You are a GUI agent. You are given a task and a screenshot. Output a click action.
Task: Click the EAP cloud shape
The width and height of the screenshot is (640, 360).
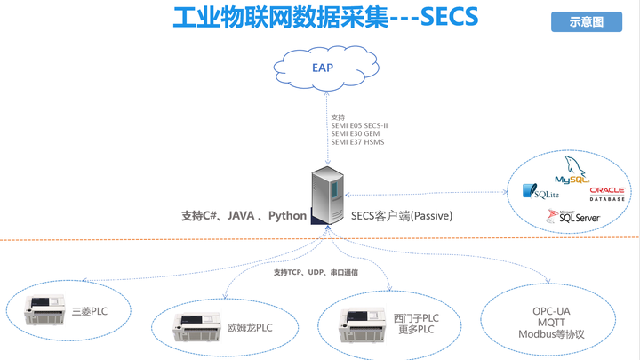[321, 67]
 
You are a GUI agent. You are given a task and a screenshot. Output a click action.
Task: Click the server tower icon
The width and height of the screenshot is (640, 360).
[326, 197]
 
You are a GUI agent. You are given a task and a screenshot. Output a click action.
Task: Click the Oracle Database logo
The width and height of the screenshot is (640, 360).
[607, 192]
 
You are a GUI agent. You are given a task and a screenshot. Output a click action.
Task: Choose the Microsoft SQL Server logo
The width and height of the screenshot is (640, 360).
[572, 216]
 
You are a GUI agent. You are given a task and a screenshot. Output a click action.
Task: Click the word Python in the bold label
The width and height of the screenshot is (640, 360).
[287, 216]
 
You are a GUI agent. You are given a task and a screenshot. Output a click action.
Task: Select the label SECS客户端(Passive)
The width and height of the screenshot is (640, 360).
[401, 216]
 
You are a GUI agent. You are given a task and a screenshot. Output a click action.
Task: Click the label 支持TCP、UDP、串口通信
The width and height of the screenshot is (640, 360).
[316, 272]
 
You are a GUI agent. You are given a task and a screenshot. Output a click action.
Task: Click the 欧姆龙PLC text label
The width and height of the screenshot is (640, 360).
[250, 327]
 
